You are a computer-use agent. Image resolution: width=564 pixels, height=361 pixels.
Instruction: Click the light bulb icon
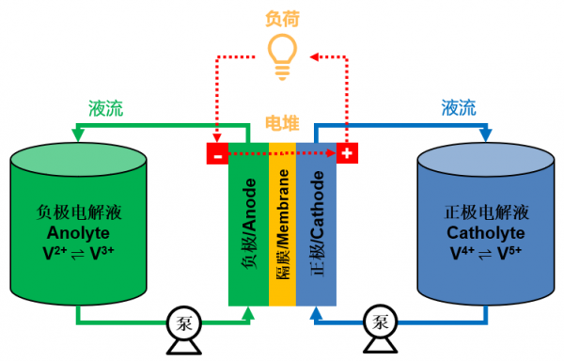pos(282,56)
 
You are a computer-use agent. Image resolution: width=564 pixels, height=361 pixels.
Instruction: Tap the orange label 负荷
pos(282,19)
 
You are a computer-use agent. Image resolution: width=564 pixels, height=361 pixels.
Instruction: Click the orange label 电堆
pos(282,123)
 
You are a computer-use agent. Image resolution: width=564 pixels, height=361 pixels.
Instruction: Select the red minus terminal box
pos(217,153)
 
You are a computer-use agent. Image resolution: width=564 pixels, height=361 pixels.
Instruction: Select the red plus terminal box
pos(347,153)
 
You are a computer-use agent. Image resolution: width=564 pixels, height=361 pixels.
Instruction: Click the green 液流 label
pos(105,108)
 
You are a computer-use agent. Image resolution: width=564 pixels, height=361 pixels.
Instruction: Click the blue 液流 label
pos(459,107)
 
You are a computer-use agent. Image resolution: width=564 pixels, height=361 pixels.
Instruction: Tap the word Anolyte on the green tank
pos(78,233)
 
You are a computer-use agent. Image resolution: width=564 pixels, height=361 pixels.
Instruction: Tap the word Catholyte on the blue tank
pos(486,233)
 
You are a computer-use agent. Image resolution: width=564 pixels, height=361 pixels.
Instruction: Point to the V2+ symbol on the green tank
pos(55,253)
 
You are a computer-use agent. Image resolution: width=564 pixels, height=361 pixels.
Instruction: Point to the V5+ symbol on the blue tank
pos(509,253)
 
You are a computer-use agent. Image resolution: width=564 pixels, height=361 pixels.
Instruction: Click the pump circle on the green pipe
pos(184,322)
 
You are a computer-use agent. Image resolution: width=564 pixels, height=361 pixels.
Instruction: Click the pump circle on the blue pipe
pos(380,322)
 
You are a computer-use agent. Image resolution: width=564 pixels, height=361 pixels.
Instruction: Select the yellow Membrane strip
pos(282,225)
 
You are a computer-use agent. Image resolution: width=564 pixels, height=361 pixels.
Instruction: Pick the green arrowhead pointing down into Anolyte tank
pos(78,135)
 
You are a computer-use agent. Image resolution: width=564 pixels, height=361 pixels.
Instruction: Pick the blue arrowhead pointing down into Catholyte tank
pos(486,135)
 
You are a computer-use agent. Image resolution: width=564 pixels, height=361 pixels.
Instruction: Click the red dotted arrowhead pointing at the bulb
pos(314,56)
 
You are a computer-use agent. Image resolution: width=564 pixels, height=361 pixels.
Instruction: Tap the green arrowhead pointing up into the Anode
pos(248,313)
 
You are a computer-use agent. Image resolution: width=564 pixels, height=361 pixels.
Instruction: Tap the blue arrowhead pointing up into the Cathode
pos(316,313)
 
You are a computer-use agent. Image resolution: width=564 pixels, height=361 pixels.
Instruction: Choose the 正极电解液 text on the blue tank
pos(486,212)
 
